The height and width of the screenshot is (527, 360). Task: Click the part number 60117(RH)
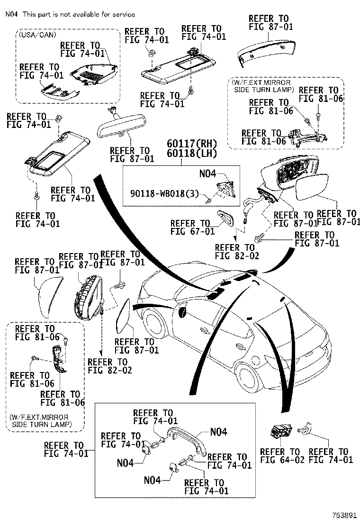[192, 143]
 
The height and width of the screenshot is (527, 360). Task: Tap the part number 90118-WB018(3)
[164, 193]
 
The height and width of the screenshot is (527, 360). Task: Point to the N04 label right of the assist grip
[218, 432]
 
